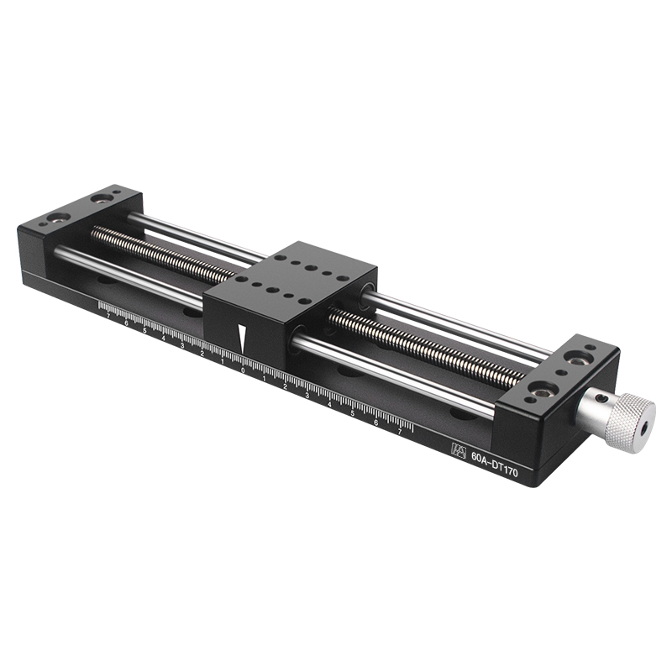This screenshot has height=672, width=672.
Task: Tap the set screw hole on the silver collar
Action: [599, 397]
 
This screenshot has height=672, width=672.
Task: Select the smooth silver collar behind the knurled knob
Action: [592, 407]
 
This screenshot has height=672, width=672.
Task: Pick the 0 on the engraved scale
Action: [243, 370]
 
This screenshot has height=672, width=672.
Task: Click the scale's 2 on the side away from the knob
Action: [202, 353]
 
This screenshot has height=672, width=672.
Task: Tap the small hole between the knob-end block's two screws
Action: [560, 373]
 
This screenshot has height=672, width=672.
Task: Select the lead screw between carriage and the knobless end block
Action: [160, 251]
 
